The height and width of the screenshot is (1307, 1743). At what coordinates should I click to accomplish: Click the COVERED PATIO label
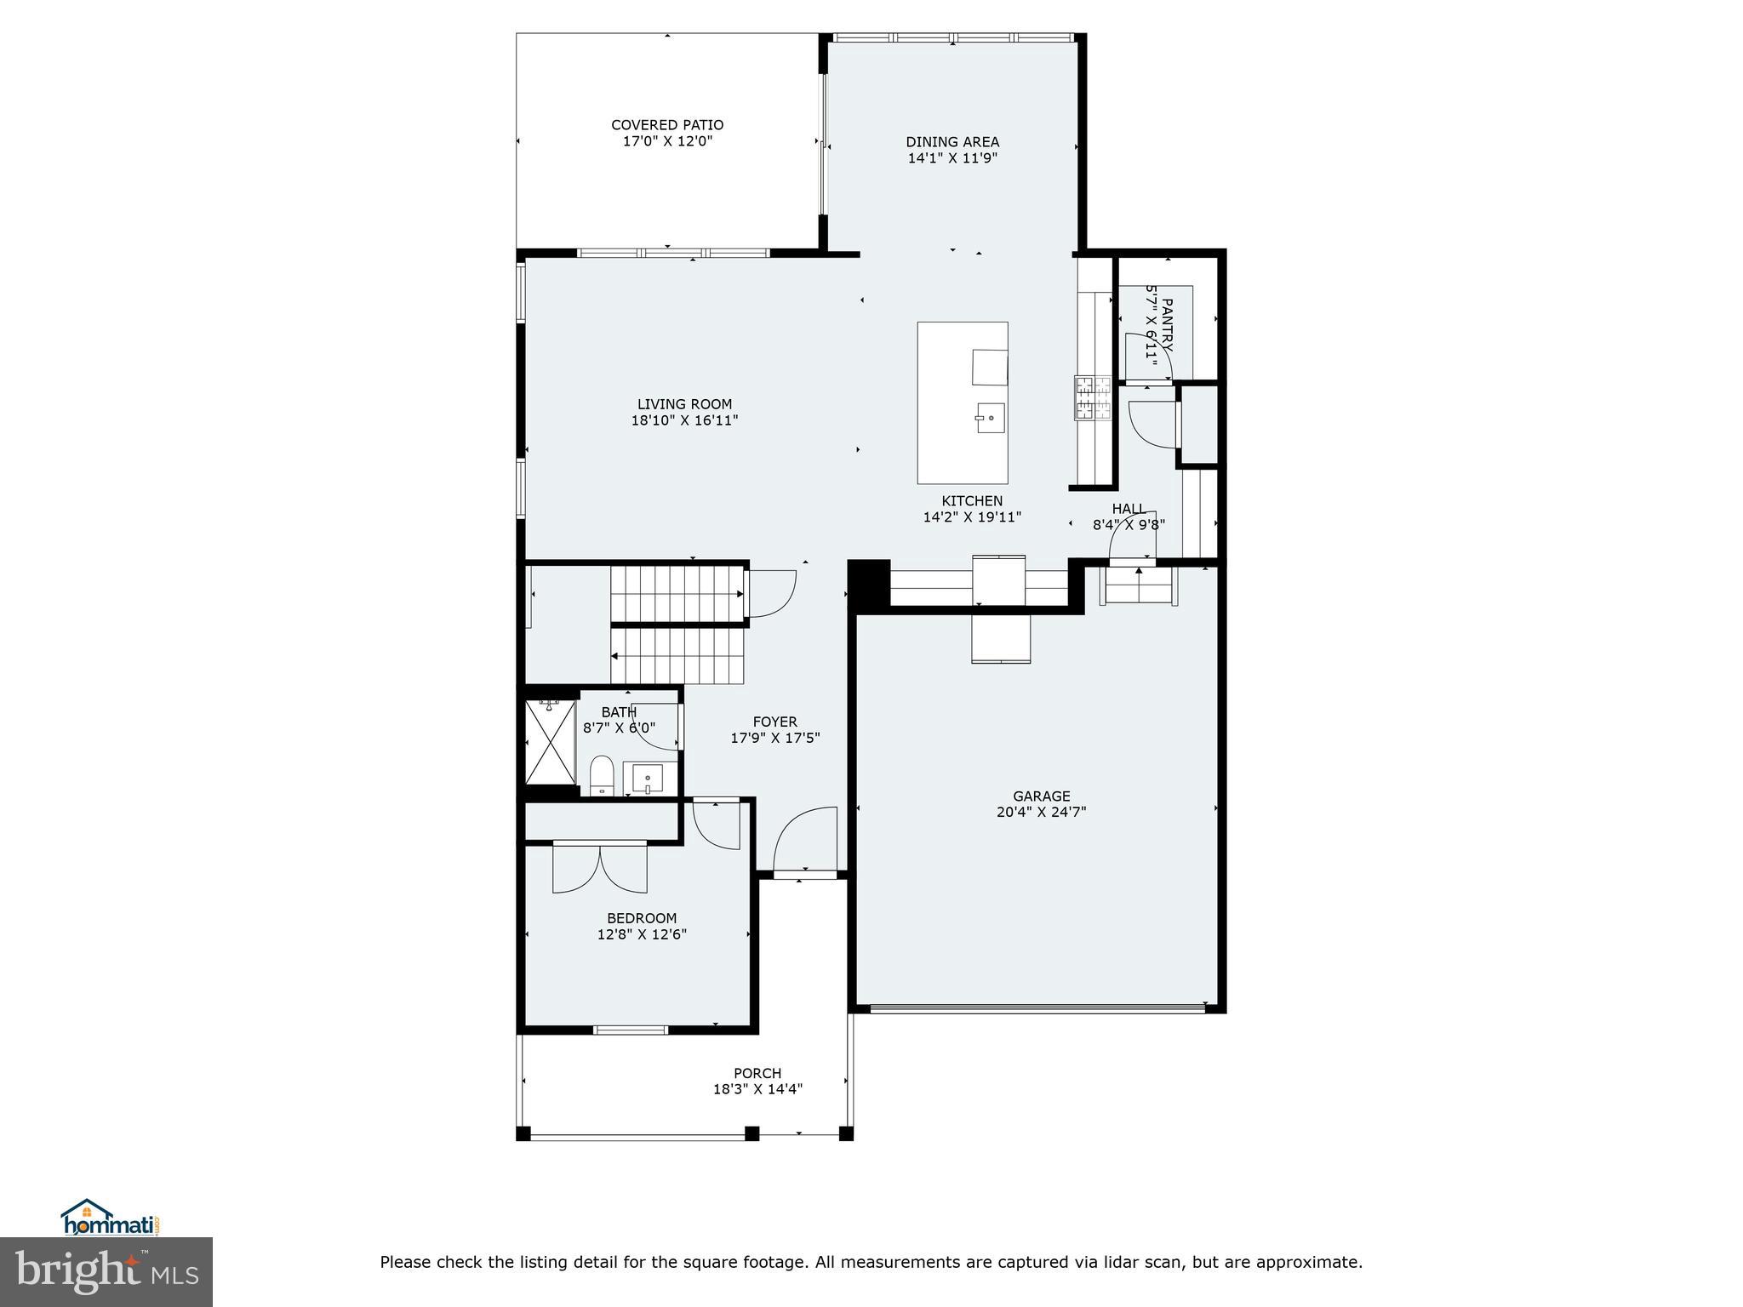tap(667, 125)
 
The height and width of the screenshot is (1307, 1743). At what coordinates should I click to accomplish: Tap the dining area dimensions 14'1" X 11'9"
tap(952, 158)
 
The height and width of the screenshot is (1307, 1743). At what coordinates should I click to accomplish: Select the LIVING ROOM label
tap(684, 404)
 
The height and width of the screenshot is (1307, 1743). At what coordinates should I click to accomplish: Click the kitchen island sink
tap(990, 418)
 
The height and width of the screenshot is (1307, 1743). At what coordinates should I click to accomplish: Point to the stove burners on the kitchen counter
tap(1093, 398)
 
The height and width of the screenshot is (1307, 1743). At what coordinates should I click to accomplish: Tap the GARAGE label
tap(1041, 796)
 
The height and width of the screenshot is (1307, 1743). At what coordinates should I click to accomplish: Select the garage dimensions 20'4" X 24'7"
tap(1041, 812)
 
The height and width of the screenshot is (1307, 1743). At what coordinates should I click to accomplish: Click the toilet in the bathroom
tap(602, 773)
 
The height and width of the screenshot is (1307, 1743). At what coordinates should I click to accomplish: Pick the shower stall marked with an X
tap(551, 742)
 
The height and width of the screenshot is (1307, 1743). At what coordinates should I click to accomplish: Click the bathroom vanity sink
tap(648, 778)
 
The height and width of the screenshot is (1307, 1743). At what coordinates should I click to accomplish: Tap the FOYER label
tap(774, 722)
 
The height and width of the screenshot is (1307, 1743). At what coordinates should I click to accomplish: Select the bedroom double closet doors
tap(600, 868)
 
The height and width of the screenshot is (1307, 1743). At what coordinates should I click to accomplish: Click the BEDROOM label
tap(642, 918)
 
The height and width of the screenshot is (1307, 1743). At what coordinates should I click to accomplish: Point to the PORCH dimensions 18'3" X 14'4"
tap(757, 1089)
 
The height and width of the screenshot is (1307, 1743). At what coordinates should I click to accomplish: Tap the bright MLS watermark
tap(106, 1271)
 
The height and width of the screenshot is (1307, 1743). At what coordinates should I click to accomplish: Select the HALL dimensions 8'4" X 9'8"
tap(1129, 525)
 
